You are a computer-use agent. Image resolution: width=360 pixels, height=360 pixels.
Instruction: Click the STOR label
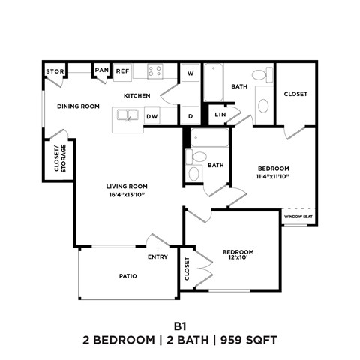point(55,72)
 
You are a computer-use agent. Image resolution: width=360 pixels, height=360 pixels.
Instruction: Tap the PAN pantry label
point(101,71)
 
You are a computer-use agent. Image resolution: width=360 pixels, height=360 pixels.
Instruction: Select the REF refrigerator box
point(123,71)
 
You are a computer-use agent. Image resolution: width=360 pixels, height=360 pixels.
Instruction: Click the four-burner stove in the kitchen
point(155,72)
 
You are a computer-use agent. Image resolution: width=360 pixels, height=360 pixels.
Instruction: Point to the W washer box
point(190,73)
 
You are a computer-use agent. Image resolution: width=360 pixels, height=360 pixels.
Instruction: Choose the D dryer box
point(190,116)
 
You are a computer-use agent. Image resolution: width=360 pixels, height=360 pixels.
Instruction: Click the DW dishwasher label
point(151,116)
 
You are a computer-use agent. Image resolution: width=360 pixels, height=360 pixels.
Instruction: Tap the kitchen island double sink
point(127,116)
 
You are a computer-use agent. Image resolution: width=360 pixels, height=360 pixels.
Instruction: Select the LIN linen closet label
point(220,115)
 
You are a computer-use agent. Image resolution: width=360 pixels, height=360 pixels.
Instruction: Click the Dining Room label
point(78,106)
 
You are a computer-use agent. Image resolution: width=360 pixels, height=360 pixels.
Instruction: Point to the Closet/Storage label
point(58,159)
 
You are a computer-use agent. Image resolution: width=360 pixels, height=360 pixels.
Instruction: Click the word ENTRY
point(157,257)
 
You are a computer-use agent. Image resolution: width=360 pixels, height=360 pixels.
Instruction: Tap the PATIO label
point(127,276)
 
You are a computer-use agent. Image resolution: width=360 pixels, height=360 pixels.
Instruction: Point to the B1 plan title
point(179,326)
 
